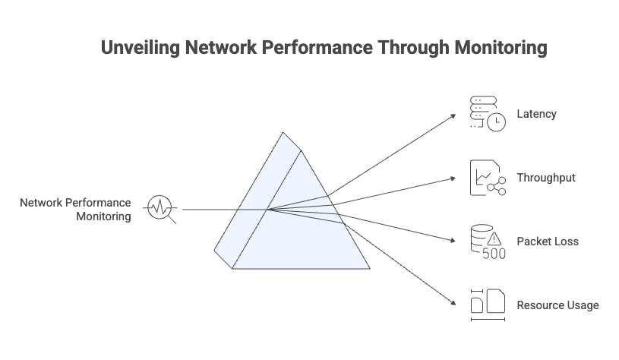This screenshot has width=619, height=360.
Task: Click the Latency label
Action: coord(536,114)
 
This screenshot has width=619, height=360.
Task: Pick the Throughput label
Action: coord(545,178)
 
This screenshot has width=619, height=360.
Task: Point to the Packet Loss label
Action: coord(547,242)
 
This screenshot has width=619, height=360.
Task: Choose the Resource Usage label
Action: coord(557,305)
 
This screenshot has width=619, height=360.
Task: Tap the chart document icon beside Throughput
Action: coord(487,178)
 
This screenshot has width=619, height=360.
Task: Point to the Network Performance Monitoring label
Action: coord(76,210)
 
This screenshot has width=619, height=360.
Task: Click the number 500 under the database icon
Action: coord(494,254)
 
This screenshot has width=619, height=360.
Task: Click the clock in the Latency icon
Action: coord(496,122)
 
